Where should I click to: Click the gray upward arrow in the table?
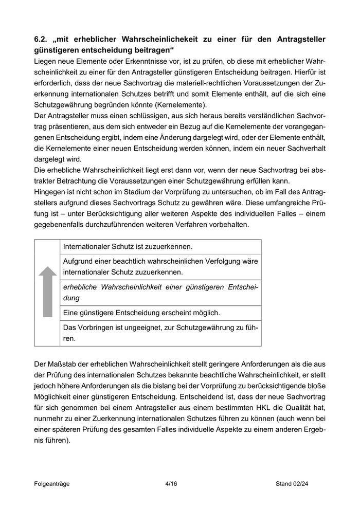(47, 292)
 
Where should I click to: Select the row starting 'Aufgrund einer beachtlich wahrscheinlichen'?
(160, 266)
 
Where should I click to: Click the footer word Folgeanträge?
(52, 484)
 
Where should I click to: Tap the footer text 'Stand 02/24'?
(292, 484)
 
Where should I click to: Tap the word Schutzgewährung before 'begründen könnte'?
(64, 105)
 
